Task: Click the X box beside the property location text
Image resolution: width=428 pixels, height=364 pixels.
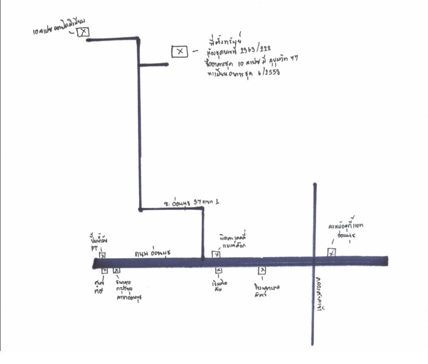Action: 180,51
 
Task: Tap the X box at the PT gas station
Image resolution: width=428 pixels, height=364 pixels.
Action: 102,256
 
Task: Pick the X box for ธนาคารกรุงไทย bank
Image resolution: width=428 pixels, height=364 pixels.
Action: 116,271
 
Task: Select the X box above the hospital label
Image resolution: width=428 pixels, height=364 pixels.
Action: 262,271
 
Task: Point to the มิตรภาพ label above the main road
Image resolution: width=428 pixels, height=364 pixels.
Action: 231,240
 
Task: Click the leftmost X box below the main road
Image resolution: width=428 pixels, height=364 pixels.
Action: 105,270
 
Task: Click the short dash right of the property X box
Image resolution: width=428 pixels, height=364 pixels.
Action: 196,51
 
